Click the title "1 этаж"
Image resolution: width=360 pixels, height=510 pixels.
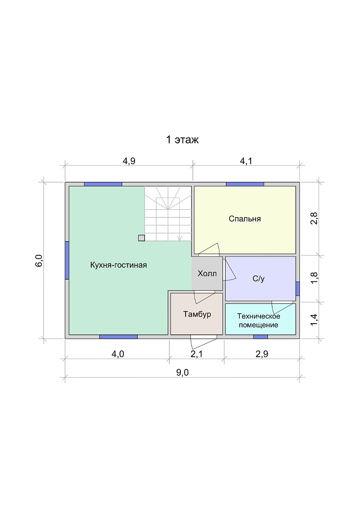(x=182, y=139)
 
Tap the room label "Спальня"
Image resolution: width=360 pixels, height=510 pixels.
(x=245, y=219)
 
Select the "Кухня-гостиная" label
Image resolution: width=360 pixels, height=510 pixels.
(x=119, y=265)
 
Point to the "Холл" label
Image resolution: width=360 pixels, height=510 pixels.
(x=207, y=273)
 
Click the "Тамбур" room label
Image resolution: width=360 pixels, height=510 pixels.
(x=197, y=314)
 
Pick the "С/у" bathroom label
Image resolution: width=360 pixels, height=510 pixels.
(x=258, y=279)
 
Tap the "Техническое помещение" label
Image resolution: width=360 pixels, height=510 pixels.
(x=258, y=320)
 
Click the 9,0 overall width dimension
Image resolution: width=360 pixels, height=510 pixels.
(x=182, y=373)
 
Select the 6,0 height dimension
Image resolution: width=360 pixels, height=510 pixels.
(x=39, y=261)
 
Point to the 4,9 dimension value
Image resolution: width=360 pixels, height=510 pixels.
(x=129, y=161)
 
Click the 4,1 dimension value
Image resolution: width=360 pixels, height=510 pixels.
(x=246, y=161)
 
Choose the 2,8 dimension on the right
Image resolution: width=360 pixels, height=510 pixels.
(x=314, y=218)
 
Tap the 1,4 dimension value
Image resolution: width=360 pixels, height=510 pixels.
(x=314, y=320)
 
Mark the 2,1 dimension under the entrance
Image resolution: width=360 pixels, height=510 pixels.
(x=197, y=354)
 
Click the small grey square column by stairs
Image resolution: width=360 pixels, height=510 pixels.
(x=141, y=238)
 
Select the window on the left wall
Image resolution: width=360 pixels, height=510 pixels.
(x=67, y=260)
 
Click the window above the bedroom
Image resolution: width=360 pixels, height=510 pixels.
(x=245, y=184)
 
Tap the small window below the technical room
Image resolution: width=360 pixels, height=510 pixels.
(x=260, y=337)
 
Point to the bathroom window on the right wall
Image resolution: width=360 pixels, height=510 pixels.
(x=297, y=289)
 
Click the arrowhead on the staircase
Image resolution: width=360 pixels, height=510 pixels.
(x=180, y=239)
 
